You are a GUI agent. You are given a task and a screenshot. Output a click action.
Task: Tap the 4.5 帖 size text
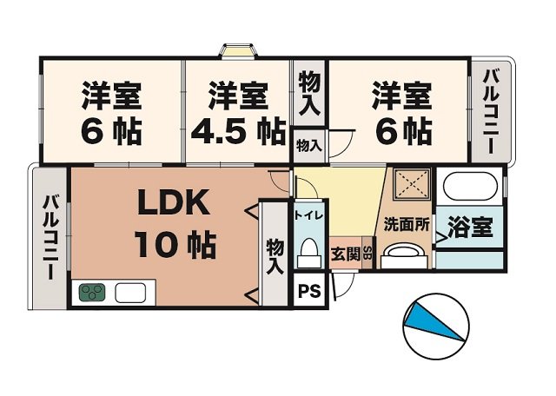(235, 133)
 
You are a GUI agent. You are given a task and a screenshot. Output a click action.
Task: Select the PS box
(308, 291)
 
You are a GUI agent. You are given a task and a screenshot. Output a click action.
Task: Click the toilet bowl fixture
(308, 254)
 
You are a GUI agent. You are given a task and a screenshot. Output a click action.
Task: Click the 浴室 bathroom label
(470, 227)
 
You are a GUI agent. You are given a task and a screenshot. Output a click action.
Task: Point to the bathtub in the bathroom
(469, 186)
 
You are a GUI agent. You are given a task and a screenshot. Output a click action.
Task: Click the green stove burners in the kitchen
(93, 293)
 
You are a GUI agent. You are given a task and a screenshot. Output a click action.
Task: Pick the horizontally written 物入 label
(308, 145)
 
